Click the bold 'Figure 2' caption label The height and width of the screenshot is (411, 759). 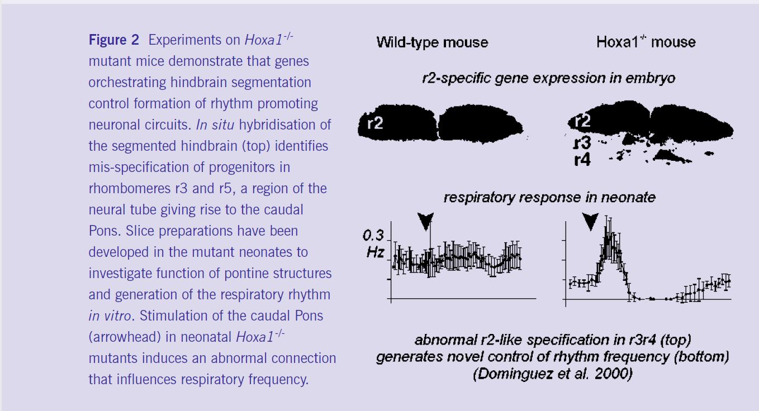pyautogui.click(x=114, y=40)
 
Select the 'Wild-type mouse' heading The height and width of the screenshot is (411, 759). pyautogui.click(x=433, y=42)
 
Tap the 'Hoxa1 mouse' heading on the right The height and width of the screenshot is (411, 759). pyautogui.click(x=646, y=42)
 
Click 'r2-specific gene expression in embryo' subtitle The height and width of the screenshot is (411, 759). pyautogui.click(x=549, y=79)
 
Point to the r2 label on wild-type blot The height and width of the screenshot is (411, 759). pyautogui.click(x=376, y=123)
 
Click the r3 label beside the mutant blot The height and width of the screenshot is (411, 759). pyautogui.click(x=582, y=143)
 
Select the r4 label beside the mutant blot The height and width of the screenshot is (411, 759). pyautogui.click(x=582, y=160)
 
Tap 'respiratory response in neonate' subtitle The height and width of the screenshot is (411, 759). pyautogui.click(x=549, y=197)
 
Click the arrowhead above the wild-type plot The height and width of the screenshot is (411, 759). pyautogui.click(x=425, y=221)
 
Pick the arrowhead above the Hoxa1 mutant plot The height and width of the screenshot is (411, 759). pyautogui.click(x=590, y=221)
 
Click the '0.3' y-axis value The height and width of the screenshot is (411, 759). pyautogui.click(x=373, y=236)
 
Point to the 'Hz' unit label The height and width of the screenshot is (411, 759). pyautogui.click(x=376, y=252)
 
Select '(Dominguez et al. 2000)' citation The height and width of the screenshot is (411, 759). pyautogui.click(x=553, y=374)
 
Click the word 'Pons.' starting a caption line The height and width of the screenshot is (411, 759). pyautogui.click(x=105, y=231)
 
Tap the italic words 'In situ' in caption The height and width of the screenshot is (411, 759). pyautogui.click(x=215, y=125)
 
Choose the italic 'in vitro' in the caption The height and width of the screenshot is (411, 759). pyautogui.click(x=110, y=316)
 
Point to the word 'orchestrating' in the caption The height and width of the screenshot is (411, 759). pyautogui.click(x=127, y=83)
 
